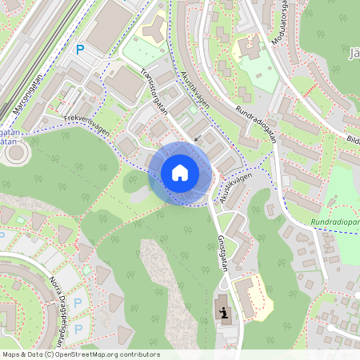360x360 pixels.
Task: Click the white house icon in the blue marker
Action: tap(180, 173)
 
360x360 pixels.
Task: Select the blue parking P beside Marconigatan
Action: tap(79, 50)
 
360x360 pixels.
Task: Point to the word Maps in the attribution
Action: tap(12, 354)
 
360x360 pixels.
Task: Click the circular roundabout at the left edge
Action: tap(14, 153)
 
